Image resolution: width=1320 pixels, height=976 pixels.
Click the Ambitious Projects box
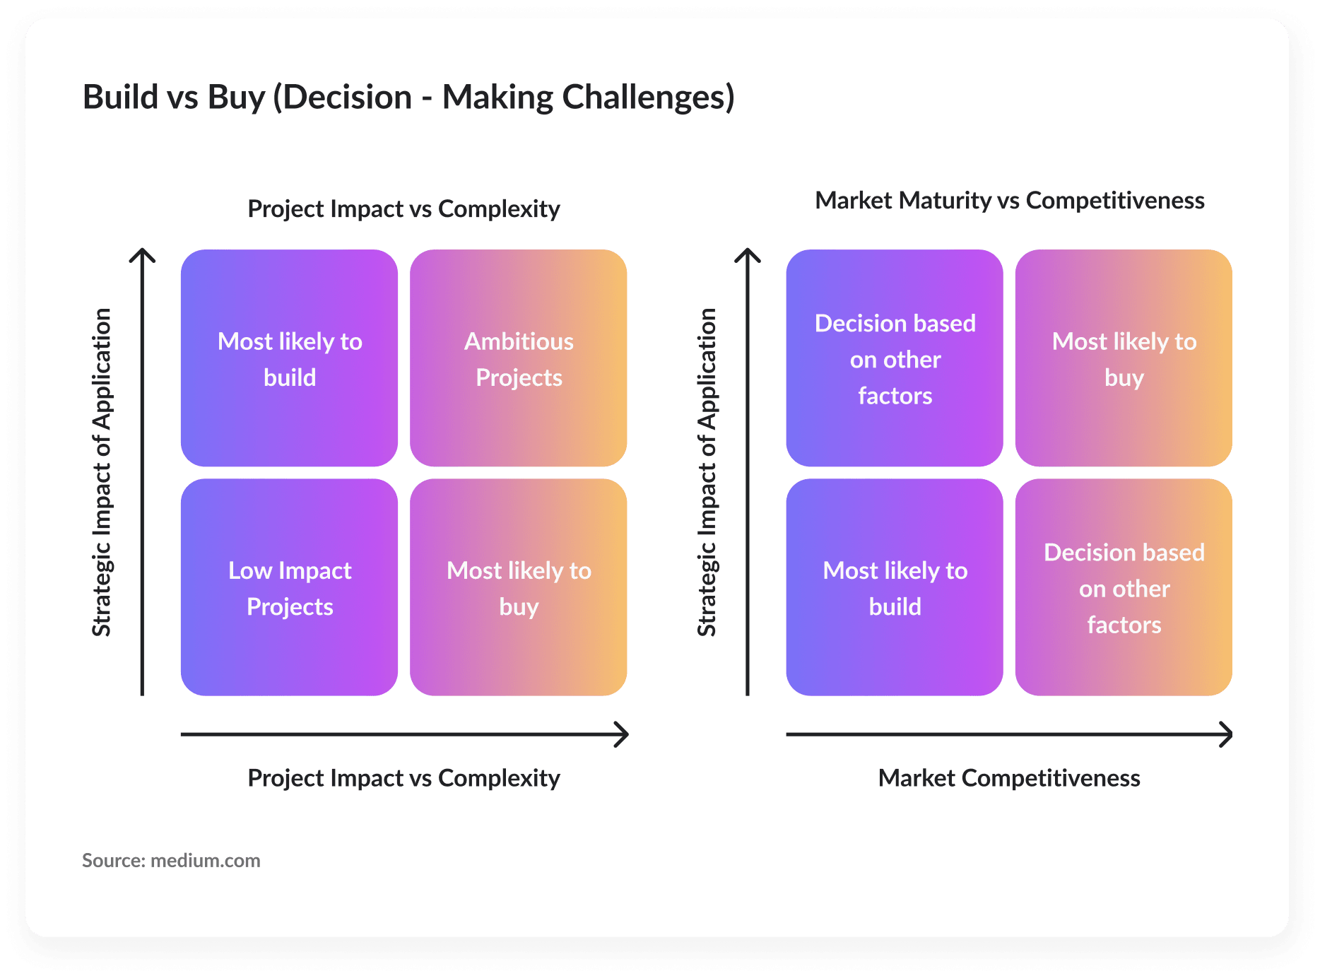[519, 358]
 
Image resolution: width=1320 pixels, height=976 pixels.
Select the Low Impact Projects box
[289, 587]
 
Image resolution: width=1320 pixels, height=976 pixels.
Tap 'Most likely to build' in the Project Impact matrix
[289, 358]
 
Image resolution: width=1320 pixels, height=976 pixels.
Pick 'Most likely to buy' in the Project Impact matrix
[519, 587]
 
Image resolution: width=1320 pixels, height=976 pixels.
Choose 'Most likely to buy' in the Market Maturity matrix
[1124, 358]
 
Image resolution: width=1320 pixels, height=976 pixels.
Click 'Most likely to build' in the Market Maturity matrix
[895, 587]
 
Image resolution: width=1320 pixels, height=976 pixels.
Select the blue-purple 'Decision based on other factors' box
[895, 358]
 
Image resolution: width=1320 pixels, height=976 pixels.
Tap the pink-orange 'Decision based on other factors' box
[1124, 587]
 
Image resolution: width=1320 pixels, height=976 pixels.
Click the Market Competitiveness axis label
[1009, 778]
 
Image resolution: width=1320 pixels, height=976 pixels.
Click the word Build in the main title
[121, 97]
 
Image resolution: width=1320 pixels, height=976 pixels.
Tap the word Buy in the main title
[236, 98]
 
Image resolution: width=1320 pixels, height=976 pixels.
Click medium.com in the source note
[206, 860]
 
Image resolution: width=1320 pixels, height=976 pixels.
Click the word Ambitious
[519, 341]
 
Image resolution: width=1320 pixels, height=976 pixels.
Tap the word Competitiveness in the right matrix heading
[1115, 201]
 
